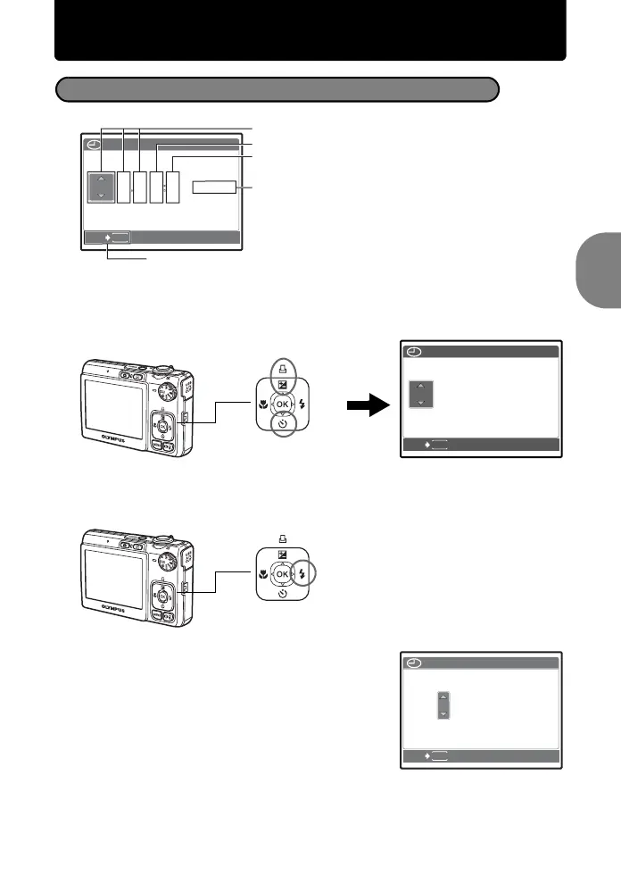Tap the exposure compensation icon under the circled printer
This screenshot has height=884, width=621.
283,385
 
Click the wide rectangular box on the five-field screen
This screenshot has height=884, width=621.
215,187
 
